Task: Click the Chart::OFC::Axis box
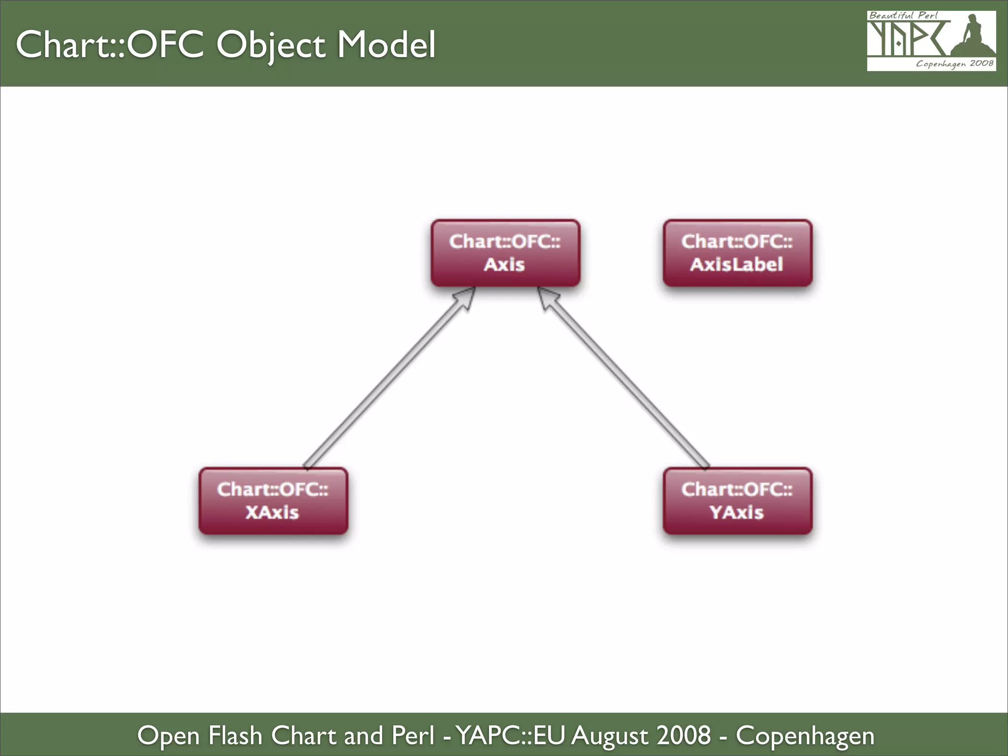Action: [505, 253]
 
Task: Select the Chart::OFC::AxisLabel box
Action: [737, 253]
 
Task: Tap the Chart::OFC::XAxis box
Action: [273, 501]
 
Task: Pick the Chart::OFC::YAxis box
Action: [737, 501]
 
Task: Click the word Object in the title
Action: [271, 45]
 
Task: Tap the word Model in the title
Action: [386, 45]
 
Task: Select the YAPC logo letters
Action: [906, 39]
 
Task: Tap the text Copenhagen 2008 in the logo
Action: [954, 63]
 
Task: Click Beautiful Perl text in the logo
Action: [903, 15]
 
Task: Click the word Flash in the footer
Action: [235, 736]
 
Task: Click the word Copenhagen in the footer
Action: [805, 736]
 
